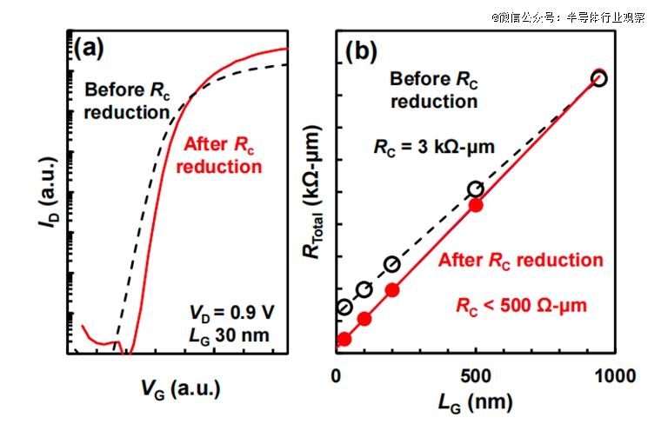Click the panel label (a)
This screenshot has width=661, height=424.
click(x=89, y=48)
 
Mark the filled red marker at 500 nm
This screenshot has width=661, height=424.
click(x=476, y=205)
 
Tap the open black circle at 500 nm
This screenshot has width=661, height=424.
click(x=476, y=189)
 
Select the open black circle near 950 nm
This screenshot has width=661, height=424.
click(x=598, y=78)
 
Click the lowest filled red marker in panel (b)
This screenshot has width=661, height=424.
click(x=344, y=339)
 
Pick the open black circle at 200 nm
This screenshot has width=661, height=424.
click(x=392, y=264)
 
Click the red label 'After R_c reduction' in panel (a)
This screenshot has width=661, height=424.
click(x=219, y=154)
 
